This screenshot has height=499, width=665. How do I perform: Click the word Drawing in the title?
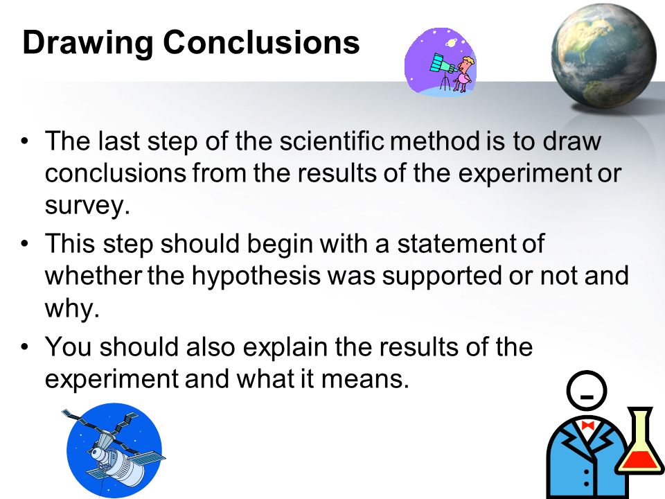click(x=87, y=43)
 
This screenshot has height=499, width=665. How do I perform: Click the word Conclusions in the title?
click(x=261, y=42)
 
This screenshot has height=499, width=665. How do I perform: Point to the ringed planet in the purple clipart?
click(x=450, y=43)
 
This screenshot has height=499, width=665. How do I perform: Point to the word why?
click(x=71, y=308)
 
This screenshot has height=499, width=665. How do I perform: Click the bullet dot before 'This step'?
click(x=25, y=245)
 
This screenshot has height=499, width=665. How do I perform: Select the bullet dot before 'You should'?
click(x=25, y=347)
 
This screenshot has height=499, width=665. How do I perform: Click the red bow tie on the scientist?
click(x=587, y=426)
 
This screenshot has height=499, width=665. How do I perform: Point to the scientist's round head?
click(x=587, y=391)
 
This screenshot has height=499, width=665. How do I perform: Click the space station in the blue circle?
click(x=114, y=450)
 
